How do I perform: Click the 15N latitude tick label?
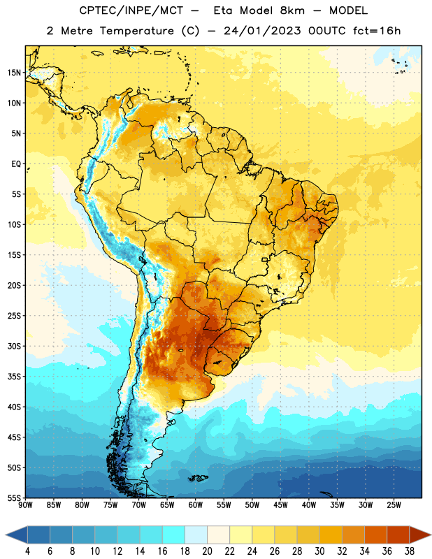click(x=14, y=73)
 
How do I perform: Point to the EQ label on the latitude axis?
click(x=16, y=164)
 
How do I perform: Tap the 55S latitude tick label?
click(x=14, y=498)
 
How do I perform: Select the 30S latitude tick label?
click(x=14, y=346)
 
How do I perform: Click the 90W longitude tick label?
click(x=25, y=505)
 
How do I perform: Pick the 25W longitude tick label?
click(x=394, y=505)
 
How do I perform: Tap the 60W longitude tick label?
click(x=196, y=505)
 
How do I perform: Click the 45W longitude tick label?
click(x=281, y=505)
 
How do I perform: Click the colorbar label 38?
click(x=410, y=551)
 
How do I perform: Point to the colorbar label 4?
click(x=27, y=551)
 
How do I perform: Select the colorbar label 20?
click(x=207, y=551)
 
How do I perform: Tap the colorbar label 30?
click(x=319, y=551)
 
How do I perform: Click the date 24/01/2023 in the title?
click(x=262, y=31)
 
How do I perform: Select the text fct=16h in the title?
click(x=377, y=31)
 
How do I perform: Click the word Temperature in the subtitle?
click(x=136, y=31)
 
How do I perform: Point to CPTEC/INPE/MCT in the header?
click(x=131, y=10)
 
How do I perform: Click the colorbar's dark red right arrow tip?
click(x=431, y=535)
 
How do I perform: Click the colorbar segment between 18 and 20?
click(x=196, y=535)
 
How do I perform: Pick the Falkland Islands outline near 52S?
click(x=198, y=478)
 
